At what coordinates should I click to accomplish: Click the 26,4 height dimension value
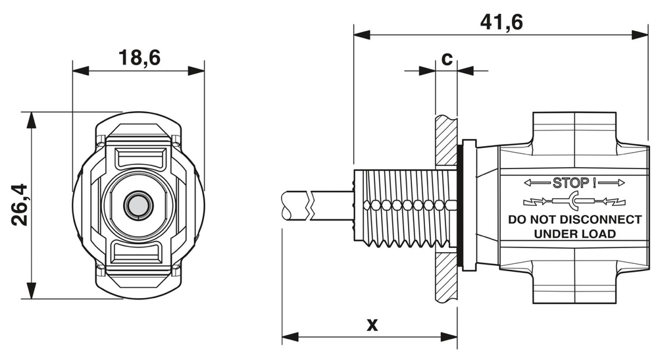(20, 205)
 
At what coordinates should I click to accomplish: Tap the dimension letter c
(446, 59)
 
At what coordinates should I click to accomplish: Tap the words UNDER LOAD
(574, 234)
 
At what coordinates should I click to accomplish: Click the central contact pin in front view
(138, 205)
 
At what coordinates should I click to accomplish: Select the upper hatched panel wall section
(445, 141)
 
